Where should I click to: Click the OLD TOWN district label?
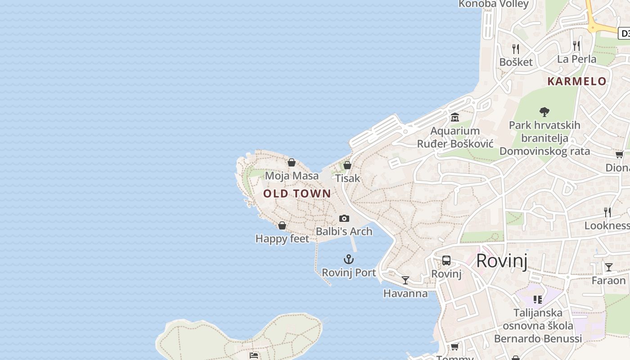click(x=297, y=194)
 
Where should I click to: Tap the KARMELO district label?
click(x=577, y=81)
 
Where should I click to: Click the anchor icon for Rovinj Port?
click(x=349, y=259)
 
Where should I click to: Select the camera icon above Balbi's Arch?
click(x=344, y=218)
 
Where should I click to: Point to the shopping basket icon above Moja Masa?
click(x=292, y=162)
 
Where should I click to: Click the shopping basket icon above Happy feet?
click(x=282, y=225)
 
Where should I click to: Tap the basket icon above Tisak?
click(x=347, y=165)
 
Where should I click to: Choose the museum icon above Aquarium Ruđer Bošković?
click(x=455, y=117)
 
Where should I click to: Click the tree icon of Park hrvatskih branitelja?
click(x=544, y=112)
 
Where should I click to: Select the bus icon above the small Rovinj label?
click(x=446, y=260)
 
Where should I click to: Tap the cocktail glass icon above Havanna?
click(x=405, y=280)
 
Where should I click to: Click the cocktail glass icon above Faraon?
click(x=608, y=267)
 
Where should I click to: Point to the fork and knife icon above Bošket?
click(x=516, y=49)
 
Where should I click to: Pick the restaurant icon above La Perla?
click(x=576, y=45)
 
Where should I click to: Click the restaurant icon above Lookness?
click(x=607, y=212)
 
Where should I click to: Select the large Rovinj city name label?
click(x=502, y=261)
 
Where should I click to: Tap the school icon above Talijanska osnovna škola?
click(x=537, y=299)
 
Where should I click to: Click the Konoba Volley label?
click(x=494, y=4)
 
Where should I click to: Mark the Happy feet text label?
click(x=282, y=238)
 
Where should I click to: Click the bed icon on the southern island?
click(x=254, y=355)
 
